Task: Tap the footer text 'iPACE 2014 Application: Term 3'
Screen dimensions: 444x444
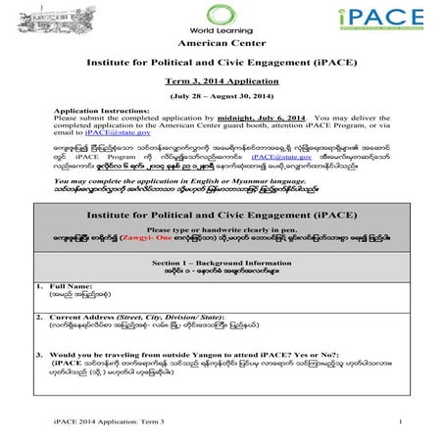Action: tap(93, 421)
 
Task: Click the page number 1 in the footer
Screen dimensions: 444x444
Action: tap(403, 421)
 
